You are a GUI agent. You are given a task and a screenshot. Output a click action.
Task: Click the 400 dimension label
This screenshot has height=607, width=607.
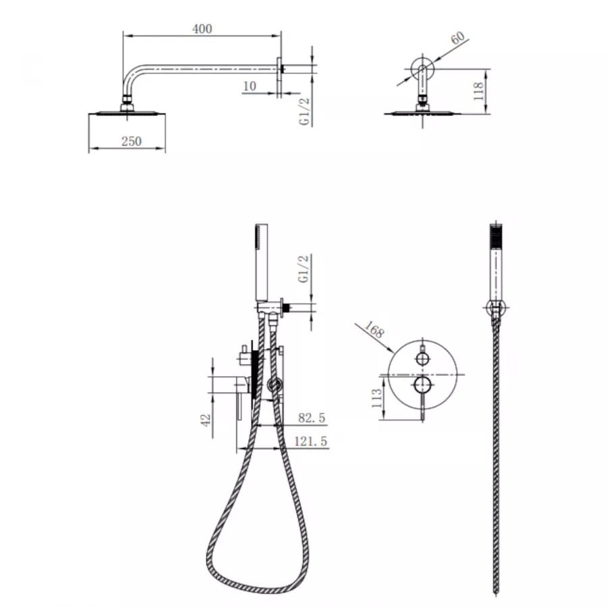pyautogui.click(x=202, y=28)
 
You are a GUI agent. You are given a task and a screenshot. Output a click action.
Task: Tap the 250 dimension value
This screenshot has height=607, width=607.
pyautogui.click(x=132, y=141)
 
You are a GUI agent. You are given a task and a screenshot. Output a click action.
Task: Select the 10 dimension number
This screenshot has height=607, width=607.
pyautogui.click(x=250, y=86)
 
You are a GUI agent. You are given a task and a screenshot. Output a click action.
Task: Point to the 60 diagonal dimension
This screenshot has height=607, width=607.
pyautogui.click(x=458, y=38)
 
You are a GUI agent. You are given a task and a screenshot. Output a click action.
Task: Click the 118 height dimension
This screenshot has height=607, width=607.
pyautogui.click(x=479, y=91)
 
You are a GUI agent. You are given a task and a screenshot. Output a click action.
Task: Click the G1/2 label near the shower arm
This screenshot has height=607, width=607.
pyautogui.click(x=304, y=111)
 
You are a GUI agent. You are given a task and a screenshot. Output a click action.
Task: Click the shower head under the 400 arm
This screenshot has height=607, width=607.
pyautogui.click(x=126, y=112)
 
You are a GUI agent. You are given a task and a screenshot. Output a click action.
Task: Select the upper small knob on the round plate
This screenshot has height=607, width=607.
pyautogui.click(x=422, y=358)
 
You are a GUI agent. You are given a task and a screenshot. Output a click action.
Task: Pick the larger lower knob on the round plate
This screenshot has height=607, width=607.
pyautogui.click(x=422, y=385)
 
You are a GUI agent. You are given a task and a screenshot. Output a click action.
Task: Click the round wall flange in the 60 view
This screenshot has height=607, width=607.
pyautogui.click(x=422, y=69)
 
